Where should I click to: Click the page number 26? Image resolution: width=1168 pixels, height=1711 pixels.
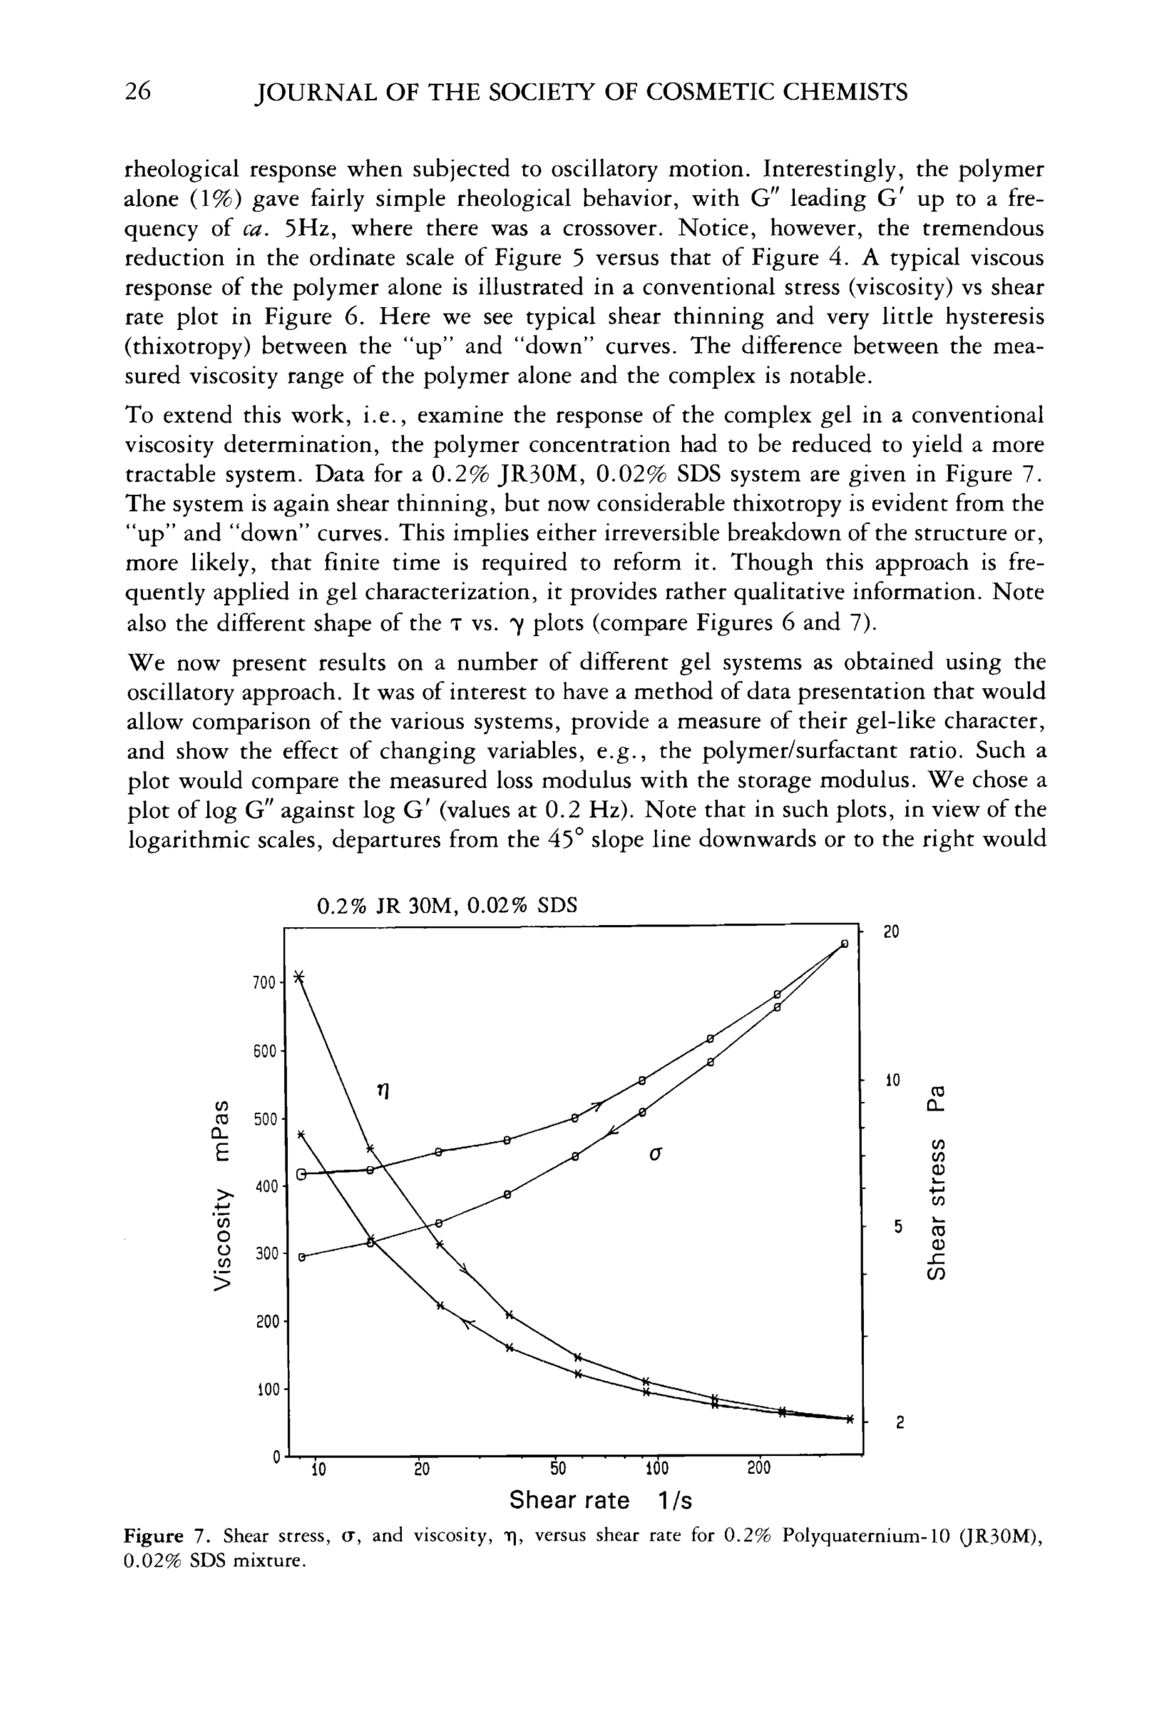tap(138, 92)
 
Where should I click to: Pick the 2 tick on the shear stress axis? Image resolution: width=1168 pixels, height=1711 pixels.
tap(898, 1424)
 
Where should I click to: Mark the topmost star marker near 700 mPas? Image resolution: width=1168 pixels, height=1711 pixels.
tap(299, 977)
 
